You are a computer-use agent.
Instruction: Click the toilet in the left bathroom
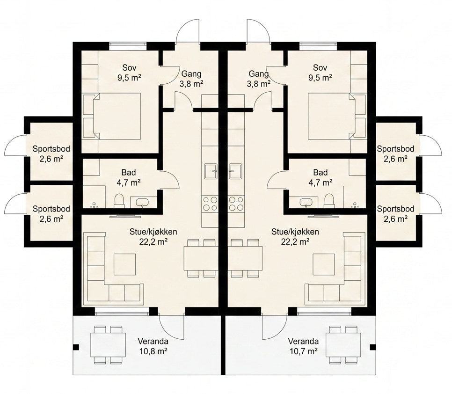119,201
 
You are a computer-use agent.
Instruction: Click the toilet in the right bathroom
329,201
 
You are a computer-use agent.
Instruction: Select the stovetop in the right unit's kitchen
236,203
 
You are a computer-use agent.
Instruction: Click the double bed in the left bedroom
117,116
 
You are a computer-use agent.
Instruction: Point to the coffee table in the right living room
324,264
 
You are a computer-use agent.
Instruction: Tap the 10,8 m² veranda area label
153,351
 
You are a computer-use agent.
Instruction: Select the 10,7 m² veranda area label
303,351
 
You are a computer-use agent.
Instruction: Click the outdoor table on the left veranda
109,345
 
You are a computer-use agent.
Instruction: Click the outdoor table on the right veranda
343,345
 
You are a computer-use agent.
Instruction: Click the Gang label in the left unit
191,74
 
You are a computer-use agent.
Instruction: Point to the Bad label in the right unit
321,172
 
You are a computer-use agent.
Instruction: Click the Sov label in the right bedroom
320,68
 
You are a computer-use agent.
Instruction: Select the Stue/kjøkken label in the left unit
153,232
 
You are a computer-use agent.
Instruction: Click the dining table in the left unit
201,258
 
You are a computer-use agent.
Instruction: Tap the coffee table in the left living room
124,264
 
